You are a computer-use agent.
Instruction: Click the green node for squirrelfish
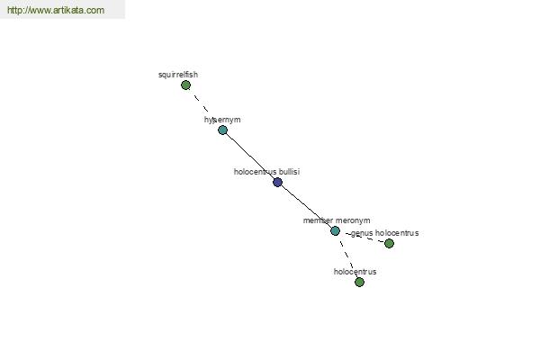coord(185,85)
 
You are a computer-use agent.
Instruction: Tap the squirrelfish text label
coord(178,75)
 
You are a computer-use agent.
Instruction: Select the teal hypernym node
coord(223,130)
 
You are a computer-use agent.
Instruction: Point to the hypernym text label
coord(222,120)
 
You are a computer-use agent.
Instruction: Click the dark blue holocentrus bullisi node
coord(277,182)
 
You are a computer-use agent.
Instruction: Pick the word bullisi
coord(289,172)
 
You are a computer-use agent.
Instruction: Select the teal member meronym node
coord(335,230)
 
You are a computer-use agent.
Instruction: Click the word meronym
coord(353,220)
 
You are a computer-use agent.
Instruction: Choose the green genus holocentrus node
coord(389,244)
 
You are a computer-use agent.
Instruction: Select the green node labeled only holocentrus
coord(359,282)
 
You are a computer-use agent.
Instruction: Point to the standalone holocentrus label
coord(355,272)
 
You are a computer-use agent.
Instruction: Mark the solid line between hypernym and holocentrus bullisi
coord(250,156)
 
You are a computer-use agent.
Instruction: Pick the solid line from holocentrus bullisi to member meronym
coord(306,206)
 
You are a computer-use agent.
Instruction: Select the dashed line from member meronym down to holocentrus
coord(347,256)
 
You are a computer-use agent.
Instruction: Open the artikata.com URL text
coord(56,10)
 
